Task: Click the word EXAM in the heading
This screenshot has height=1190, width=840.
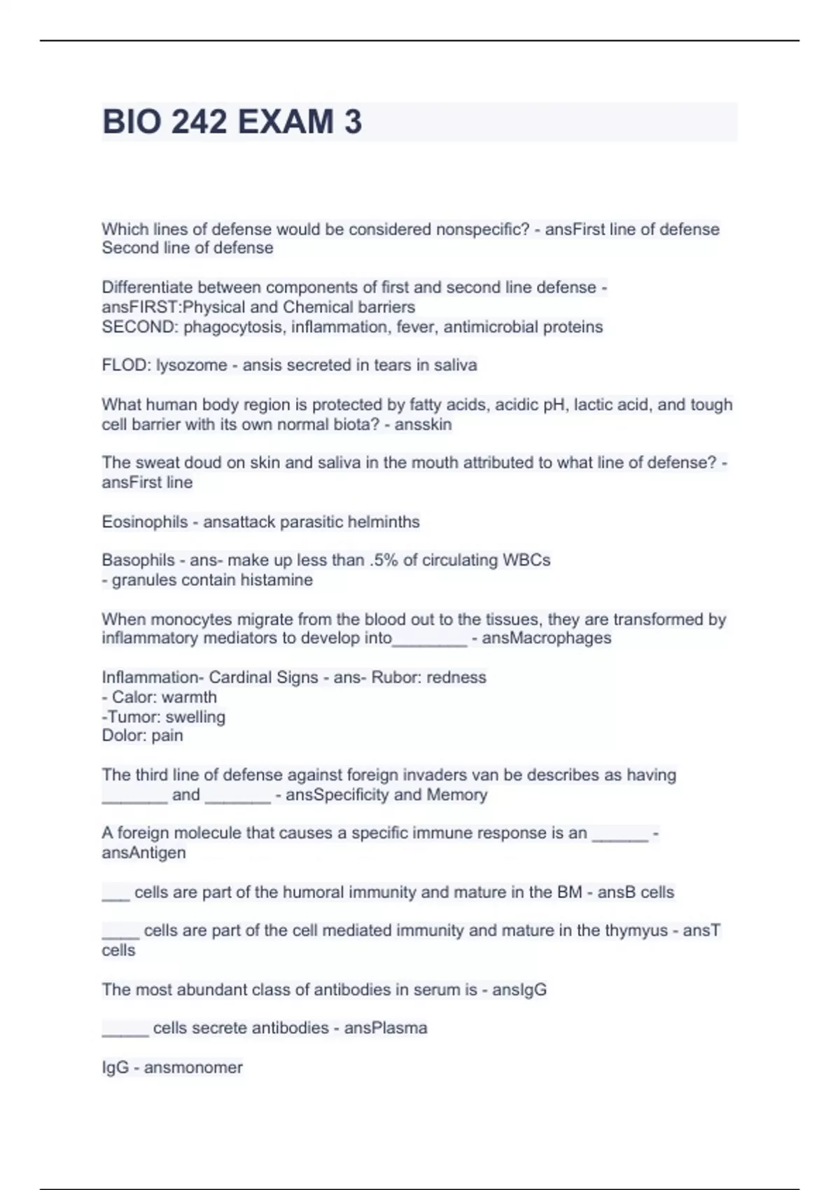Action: pyautogui.click(x=286, y=122)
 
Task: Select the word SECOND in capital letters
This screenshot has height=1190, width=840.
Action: pyautogui.click(x=138, y=327)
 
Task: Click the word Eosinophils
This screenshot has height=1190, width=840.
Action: pyautogui.click(x=145, y=522)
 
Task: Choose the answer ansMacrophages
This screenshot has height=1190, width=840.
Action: pyautogui.click(x=546, y=638)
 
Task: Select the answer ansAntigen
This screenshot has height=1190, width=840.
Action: pyautogui.click(x=143, y=853)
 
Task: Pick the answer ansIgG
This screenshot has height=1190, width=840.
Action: pyautogui.click(x=519, y=990)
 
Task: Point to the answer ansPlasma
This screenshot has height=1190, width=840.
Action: pyautogui.click(x=386, y=1028)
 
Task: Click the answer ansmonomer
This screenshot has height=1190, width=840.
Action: pyautogui.click(x=193, y=1068)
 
